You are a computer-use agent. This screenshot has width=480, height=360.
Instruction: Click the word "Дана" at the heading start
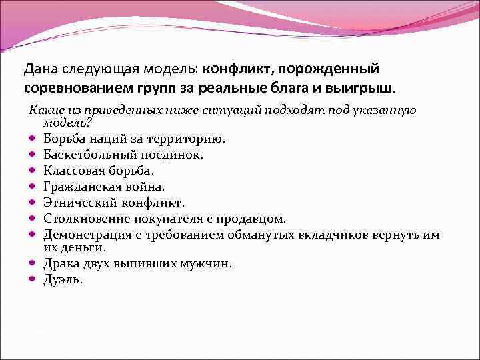pos(39,69)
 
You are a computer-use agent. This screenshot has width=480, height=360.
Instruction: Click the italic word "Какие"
pos(44,110)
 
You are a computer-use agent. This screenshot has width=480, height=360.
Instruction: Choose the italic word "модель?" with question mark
pos(67,123)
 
